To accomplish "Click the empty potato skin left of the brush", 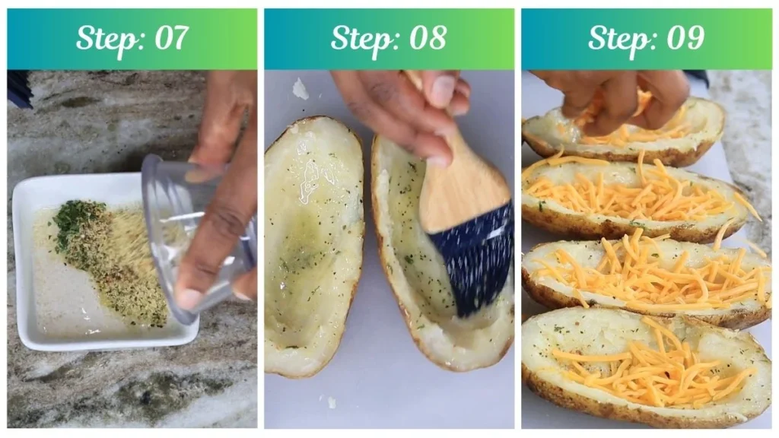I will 314,243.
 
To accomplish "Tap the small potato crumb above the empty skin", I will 301,89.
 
